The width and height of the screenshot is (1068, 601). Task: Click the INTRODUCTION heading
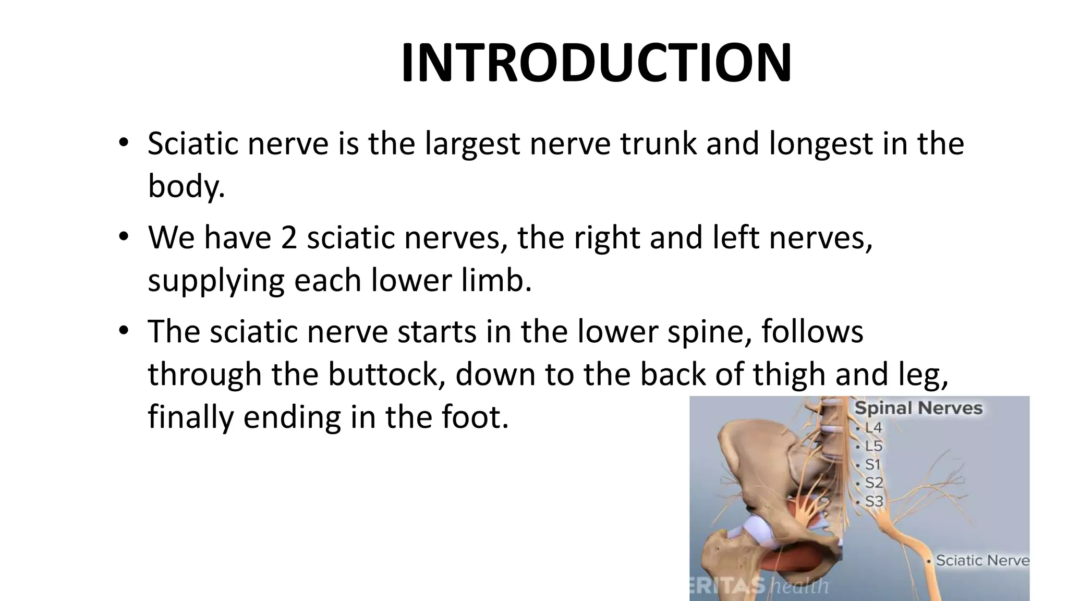pos(596,63)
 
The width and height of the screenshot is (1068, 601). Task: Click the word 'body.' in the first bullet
pos(186,186)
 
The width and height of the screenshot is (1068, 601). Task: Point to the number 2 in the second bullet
pos(288,238)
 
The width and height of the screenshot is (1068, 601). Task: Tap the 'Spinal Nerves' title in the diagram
pos(918,408)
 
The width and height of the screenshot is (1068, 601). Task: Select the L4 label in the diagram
pos(873,428)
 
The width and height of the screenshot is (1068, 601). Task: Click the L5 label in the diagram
pos(873,446)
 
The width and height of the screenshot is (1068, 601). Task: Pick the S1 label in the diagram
pos(873,464)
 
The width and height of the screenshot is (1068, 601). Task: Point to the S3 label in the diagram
pos(874,501)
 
